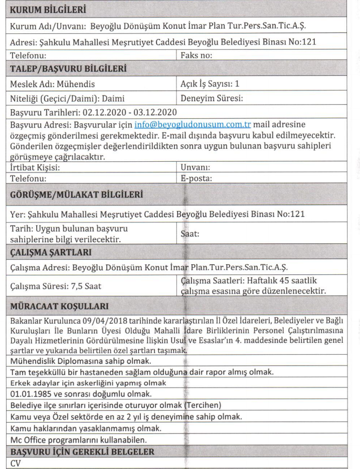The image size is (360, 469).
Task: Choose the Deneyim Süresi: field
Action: pos(211,98)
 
